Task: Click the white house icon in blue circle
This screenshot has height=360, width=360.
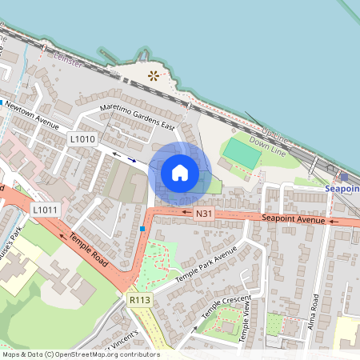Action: pos(180,172)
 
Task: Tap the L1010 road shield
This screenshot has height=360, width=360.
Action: pos(82,139)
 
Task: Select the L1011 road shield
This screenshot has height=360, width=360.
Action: pos(45,210)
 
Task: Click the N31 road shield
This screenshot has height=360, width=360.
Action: pos(205,214)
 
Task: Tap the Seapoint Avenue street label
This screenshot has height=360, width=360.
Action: pos(294,219)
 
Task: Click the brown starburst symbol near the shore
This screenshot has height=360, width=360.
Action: pos(153,77)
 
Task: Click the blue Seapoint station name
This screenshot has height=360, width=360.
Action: pos(342,189)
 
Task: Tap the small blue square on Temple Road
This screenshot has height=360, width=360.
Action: pos(142,229)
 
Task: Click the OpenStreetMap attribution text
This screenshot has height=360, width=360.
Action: pos(80,354)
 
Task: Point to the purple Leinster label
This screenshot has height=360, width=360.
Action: pos(66,60)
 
